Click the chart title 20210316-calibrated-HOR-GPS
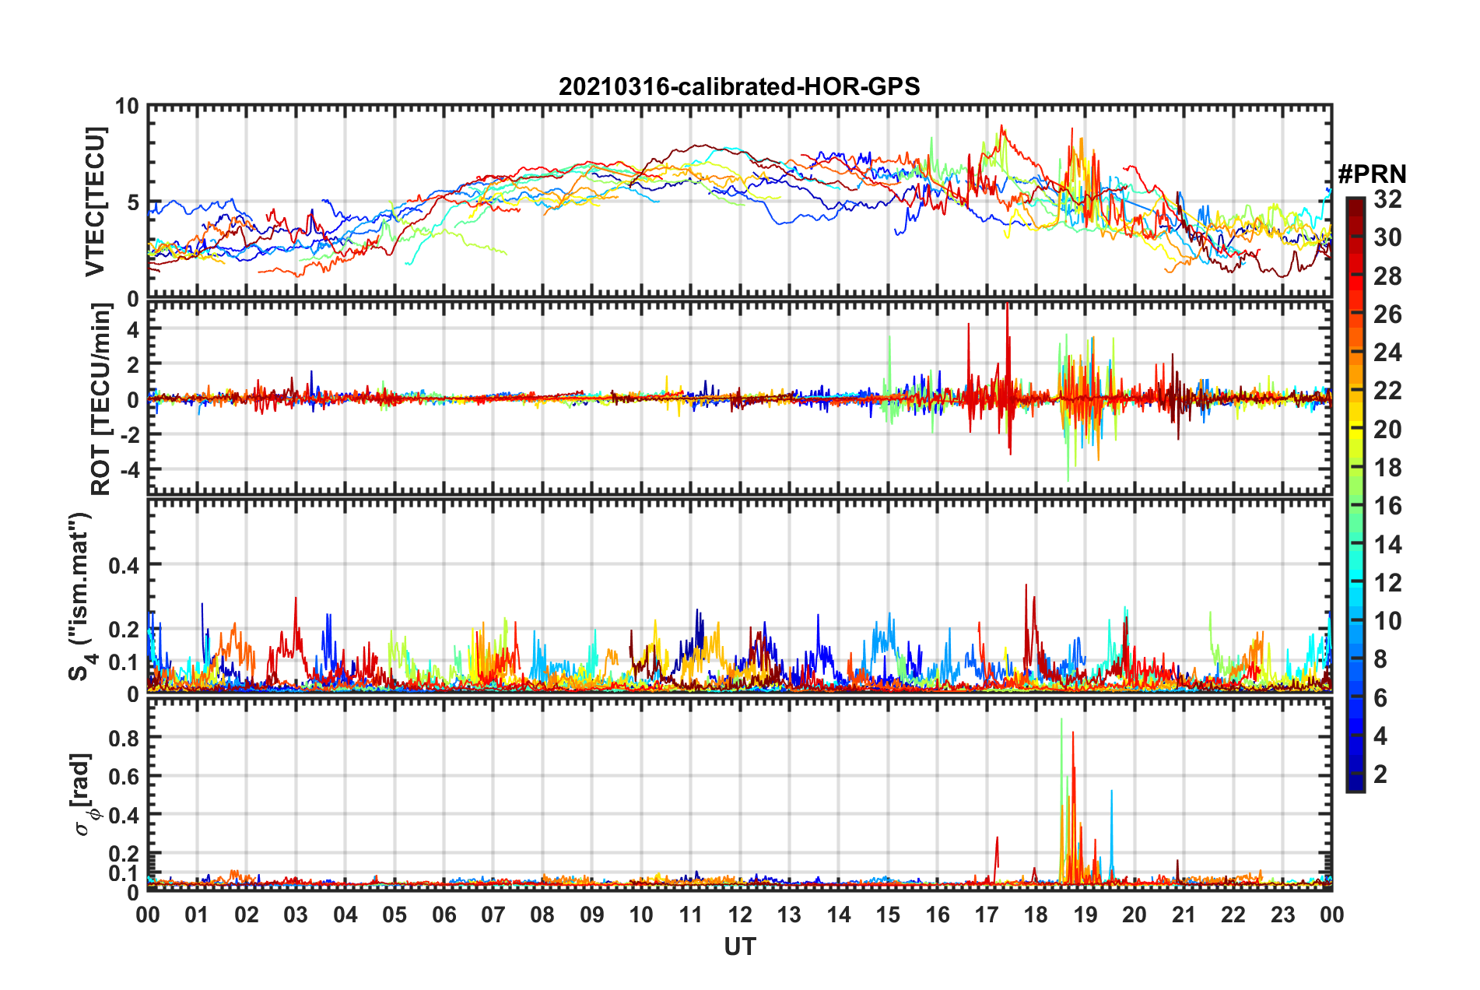[x=739, y=86]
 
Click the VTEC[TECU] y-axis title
[x=96, y=202]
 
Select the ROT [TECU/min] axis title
[x=100, y=399]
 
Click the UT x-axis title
[x=739, y=946]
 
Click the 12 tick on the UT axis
[x=740, y=915]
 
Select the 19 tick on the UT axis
[x=1085, y=915]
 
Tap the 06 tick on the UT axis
[x=444, y=915]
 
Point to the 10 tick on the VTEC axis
[x=127, y=107]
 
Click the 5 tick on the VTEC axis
[x=132, y=202]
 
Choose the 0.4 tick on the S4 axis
[x=124, y=565]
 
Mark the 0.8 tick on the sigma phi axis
[x=124, y=738]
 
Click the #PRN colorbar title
[x=1372, y=174]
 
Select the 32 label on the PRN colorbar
[x=1387, y=199]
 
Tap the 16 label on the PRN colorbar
[x=1387, y=506]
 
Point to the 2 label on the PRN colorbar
[x=1380, y=774]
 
